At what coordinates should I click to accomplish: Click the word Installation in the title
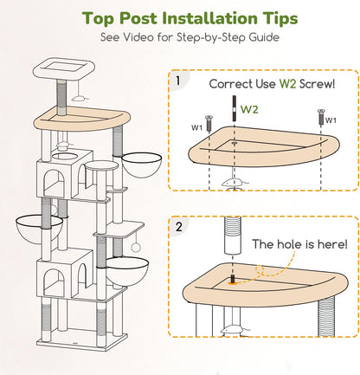209,18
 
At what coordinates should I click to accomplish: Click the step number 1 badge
178,81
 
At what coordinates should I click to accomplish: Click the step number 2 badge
179,227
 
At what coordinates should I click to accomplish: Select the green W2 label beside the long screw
249,109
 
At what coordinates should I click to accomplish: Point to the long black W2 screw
234,108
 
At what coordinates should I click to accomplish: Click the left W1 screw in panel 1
209,123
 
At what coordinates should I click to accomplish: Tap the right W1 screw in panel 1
321,117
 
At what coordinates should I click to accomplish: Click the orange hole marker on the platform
232,283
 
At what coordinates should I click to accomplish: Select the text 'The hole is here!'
299,244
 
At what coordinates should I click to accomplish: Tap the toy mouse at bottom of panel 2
235,329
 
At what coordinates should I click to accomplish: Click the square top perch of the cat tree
63,69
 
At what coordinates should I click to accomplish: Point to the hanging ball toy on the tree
135,247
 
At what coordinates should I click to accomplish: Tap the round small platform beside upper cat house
102,165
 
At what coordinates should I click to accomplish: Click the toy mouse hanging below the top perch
80,98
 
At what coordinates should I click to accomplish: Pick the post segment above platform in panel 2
233,236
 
